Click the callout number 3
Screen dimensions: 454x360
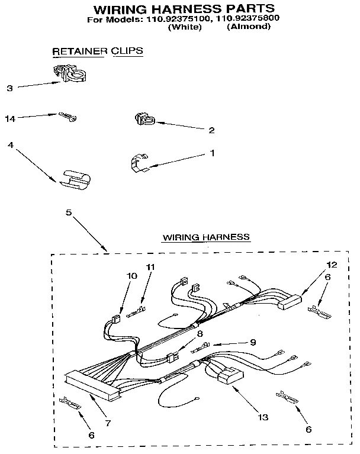[9, 88]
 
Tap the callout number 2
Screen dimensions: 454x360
[211, 130]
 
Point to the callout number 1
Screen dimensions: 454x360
[211, 152]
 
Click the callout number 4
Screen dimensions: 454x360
[10, 144]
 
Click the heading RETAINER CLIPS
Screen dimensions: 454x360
[98, 51]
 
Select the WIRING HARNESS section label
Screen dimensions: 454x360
[206, 237]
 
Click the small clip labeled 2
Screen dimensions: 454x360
[142, 120]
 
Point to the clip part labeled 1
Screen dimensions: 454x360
[138, 163]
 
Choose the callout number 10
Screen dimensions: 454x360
[131, 276]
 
